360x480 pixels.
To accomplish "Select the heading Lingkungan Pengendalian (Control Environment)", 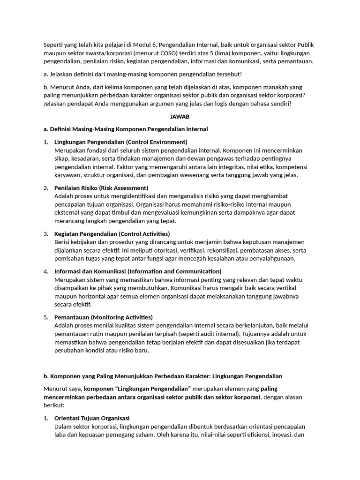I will (120, 142).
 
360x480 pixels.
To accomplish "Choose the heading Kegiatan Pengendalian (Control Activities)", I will (112, 233).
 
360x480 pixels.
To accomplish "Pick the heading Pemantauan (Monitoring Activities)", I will (104, 317).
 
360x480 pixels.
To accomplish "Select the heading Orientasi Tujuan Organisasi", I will (92, 418).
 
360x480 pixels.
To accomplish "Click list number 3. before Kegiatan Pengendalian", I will (46, 233).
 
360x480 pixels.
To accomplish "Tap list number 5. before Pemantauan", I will (46, 317).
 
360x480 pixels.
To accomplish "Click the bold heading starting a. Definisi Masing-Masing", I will (126, 129).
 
